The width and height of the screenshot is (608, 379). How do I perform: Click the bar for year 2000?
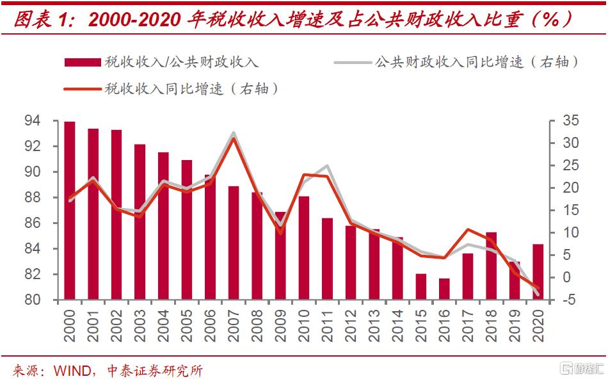[70, 211]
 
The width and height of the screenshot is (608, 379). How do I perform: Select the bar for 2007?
[234, 243]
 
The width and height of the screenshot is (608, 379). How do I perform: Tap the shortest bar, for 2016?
[444, 289]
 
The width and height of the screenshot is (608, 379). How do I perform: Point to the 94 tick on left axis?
[49, 120]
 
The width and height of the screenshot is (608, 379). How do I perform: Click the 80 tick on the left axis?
[49, 300]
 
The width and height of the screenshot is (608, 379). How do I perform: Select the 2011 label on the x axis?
[328, 326]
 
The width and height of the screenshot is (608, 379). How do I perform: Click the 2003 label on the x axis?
[140, 326]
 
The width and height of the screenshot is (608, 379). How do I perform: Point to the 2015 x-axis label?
[421, 326]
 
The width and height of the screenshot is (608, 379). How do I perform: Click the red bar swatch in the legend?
[83, 62]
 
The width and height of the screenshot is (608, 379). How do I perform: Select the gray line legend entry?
[457, 62]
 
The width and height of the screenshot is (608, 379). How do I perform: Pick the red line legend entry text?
[192, 89]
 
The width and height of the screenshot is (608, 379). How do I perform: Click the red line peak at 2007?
[234, 138]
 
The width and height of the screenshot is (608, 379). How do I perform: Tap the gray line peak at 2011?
[328, 166]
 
